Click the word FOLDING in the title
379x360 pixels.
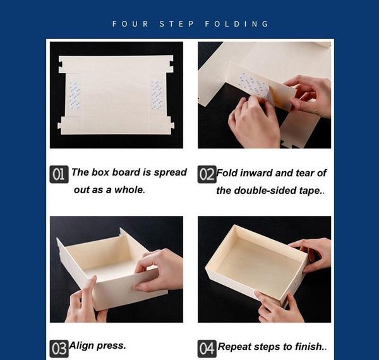(237, 23)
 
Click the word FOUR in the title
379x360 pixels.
(131, 23)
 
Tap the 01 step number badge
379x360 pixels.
(59, 174)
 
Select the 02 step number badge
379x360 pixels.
(207, 174)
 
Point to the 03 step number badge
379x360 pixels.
(59, 349)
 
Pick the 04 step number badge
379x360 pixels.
(207, 349)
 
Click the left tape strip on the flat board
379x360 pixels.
(75, 96)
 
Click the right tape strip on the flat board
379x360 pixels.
(157, 95)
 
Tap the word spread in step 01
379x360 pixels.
(171, 172)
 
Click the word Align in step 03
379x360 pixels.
(81, 345)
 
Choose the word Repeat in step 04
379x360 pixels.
(234, 347)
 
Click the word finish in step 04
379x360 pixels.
(309, 347)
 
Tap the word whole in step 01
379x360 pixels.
(129, 190)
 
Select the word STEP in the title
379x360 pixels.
(177, 23)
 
